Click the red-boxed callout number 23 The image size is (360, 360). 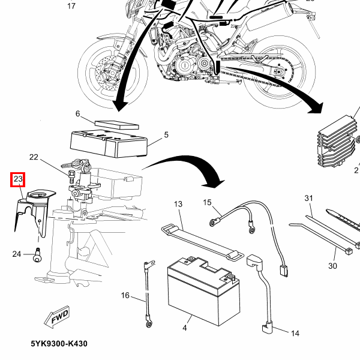[18, 179]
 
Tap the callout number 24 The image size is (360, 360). [16, 254]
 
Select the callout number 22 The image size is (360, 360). [34, 158]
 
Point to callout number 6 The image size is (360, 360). [77, 113]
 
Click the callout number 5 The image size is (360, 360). [166, 135]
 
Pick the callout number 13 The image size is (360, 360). [178, 205]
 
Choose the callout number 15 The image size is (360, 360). [208, 202]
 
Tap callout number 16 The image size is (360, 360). [125, 295]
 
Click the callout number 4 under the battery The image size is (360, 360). [184, 328]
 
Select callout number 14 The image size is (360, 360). [295, 333]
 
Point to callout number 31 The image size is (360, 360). [309, 199]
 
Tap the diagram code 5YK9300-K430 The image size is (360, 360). [59, 344]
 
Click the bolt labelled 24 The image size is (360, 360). [37, 254]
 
